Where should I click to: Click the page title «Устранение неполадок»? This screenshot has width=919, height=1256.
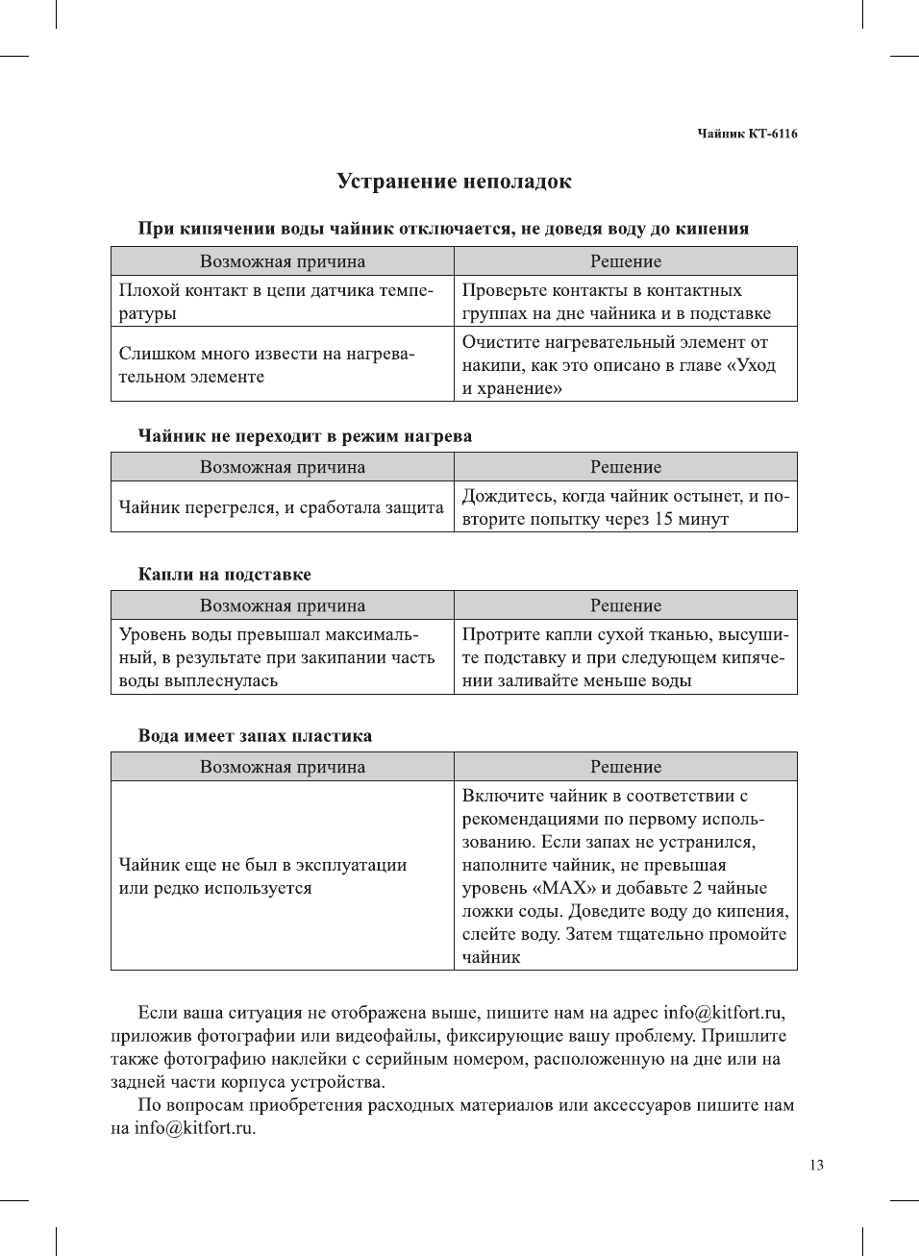coord(454,182)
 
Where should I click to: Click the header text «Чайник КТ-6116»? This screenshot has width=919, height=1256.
coord(747,134)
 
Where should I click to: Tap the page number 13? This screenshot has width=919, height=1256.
coord(816,1165)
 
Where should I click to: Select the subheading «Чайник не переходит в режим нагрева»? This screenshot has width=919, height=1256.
coord(305,436)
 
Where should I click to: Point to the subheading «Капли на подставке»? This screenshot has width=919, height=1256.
coord(224,575)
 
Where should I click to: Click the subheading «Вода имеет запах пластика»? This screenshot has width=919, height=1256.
coord(255,736)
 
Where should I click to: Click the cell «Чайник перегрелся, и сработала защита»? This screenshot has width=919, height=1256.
coord(282,507)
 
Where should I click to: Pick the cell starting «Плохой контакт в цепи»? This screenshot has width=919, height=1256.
coord(276,302)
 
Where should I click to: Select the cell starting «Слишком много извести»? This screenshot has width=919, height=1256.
coord(266,365)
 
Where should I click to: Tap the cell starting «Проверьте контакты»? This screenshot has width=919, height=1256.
coord(616,302)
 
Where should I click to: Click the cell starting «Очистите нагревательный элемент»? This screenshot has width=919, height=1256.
coord(618,365)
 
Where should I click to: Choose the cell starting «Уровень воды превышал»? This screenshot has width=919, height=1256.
coord(277,657)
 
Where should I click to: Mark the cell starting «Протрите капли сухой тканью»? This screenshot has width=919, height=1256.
coord(625,657)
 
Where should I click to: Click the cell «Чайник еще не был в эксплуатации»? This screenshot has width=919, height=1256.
coord(262,876)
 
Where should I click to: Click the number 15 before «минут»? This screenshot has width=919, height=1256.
coord(663,519)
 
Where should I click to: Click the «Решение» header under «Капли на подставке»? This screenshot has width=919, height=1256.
coord(626,605)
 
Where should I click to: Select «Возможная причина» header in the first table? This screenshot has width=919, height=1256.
coord(283,261)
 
